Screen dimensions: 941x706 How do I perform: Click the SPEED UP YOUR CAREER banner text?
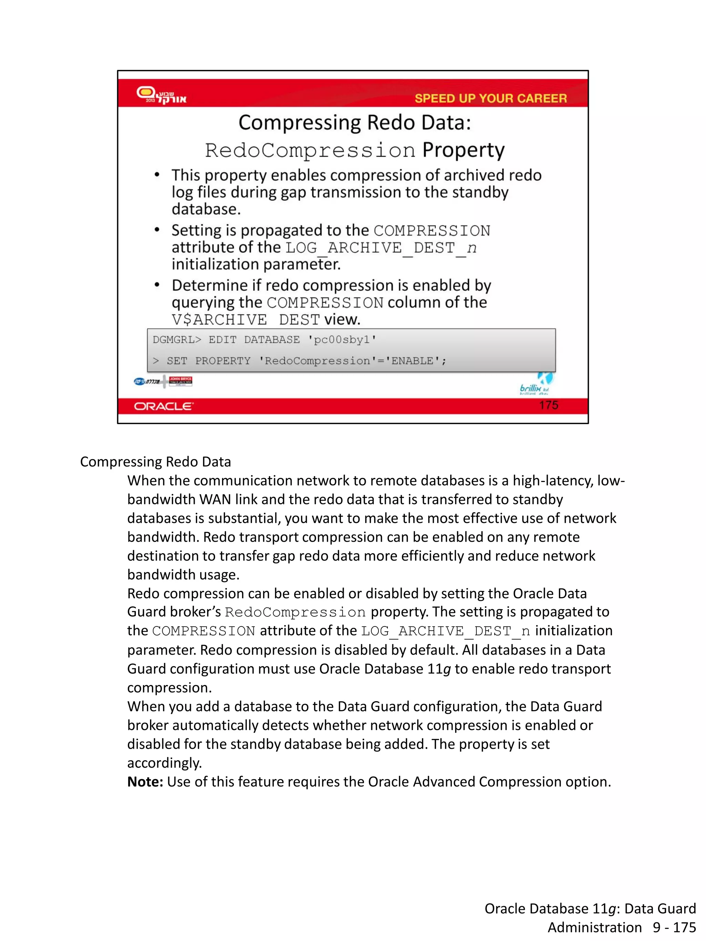490,98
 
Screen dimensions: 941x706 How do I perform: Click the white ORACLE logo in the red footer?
164,406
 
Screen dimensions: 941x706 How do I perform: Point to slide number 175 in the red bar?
548,405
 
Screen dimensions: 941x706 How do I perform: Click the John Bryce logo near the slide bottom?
180,381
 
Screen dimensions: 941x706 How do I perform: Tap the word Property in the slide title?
463,150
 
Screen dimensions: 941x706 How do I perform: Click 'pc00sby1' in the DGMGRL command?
342,340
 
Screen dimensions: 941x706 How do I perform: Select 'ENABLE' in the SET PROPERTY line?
412,361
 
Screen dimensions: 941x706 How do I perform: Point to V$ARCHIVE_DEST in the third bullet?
245,319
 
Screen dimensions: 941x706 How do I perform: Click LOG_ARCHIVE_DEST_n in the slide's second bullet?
381,248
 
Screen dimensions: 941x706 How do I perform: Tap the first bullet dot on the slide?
157,175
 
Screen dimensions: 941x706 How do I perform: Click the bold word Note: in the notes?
145,781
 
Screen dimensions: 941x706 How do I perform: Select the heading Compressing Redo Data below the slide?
155,462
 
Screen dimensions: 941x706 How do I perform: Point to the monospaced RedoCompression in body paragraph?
295,612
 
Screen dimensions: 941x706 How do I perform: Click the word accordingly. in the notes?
164,763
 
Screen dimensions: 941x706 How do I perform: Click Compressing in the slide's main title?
300,123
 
